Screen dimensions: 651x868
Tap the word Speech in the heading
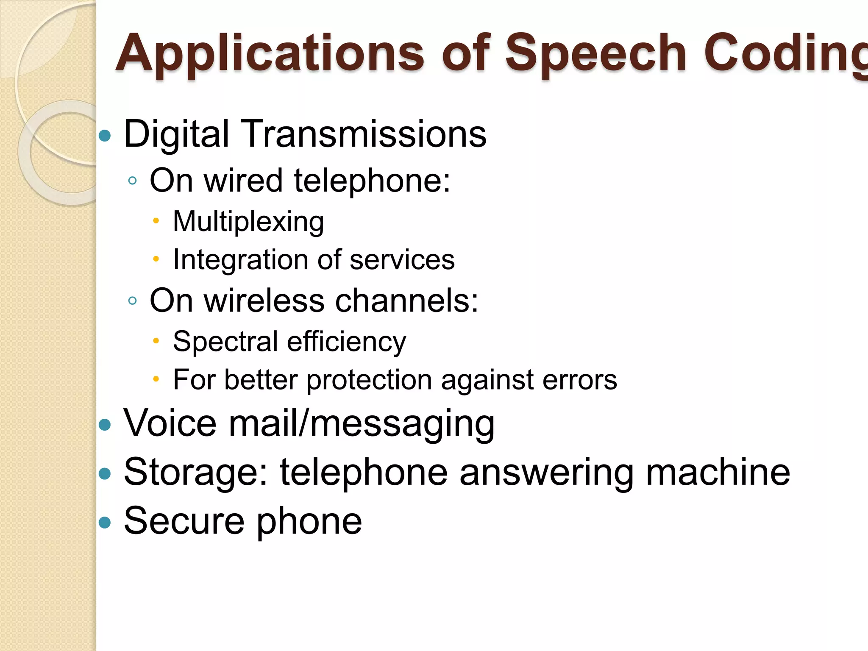pyautogui.click(x=595, y=54)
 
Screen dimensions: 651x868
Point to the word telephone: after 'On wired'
pyautogui.click(x=372, y=181)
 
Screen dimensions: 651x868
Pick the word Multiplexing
pyautogui.click(x=248, y=222)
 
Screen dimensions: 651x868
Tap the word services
pyautogui.click(x=402, y=260)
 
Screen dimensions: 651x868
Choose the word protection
pyautogui.click(x=369, y=380)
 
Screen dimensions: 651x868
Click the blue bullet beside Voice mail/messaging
pyautogui.click(x=105, y=425)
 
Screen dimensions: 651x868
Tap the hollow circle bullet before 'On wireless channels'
pyautogui.click(x=132, y=301)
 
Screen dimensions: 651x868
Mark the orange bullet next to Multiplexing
pyautogui.click(x=156, y=221)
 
